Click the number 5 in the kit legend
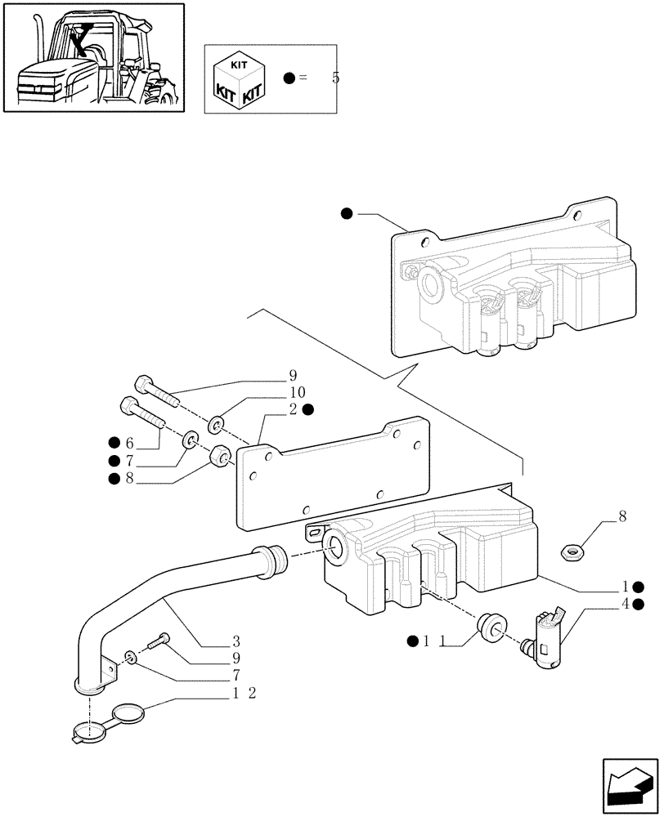pyautogui.click(x=335, y=78)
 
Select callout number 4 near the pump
pyautogui.click(x=625, y=605)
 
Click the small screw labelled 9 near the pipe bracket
pyautogui.click(x=162, y=640)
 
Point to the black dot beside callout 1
pyautogui.click(x=637, y=587)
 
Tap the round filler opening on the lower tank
pyautogui.click(x=336, y=548)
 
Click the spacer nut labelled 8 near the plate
pyautogui.click(x=218, y=455)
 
